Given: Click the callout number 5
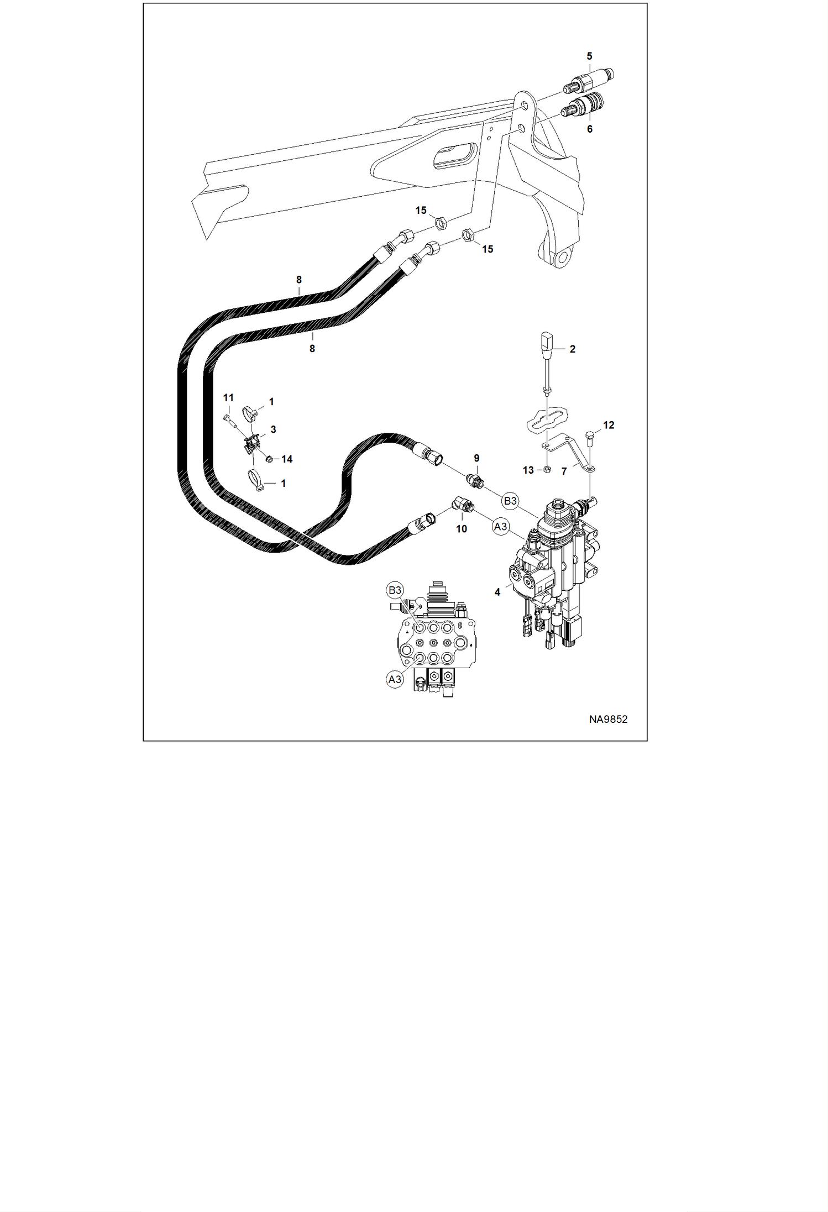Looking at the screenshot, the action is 589,56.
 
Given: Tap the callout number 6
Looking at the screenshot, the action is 590,129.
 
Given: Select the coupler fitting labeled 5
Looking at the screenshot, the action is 589,81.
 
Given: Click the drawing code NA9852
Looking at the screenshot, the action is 608,719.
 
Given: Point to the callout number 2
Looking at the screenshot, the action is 573,349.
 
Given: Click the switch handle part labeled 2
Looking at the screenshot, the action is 546,363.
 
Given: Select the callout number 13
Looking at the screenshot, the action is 528,470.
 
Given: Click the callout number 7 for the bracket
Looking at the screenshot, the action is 564,471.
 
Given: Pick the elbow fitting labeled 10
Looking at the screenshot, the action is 462,505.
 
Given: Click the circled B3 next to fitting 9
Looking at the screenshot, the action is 510,501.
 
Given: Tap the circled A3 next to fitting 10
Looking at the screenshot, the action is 500,527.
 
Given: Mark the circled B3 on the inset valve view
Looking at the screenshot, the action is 395,590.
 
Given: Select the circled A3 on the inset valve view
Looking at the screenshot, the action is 395,679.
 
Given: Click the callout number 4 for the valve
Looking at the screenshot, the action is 497,592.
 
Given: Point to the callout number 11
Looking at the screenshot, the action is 228,397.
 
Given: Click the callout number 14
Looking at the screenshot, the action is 287,459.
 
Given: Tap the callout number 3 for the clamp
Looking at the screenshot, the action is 273,429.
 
